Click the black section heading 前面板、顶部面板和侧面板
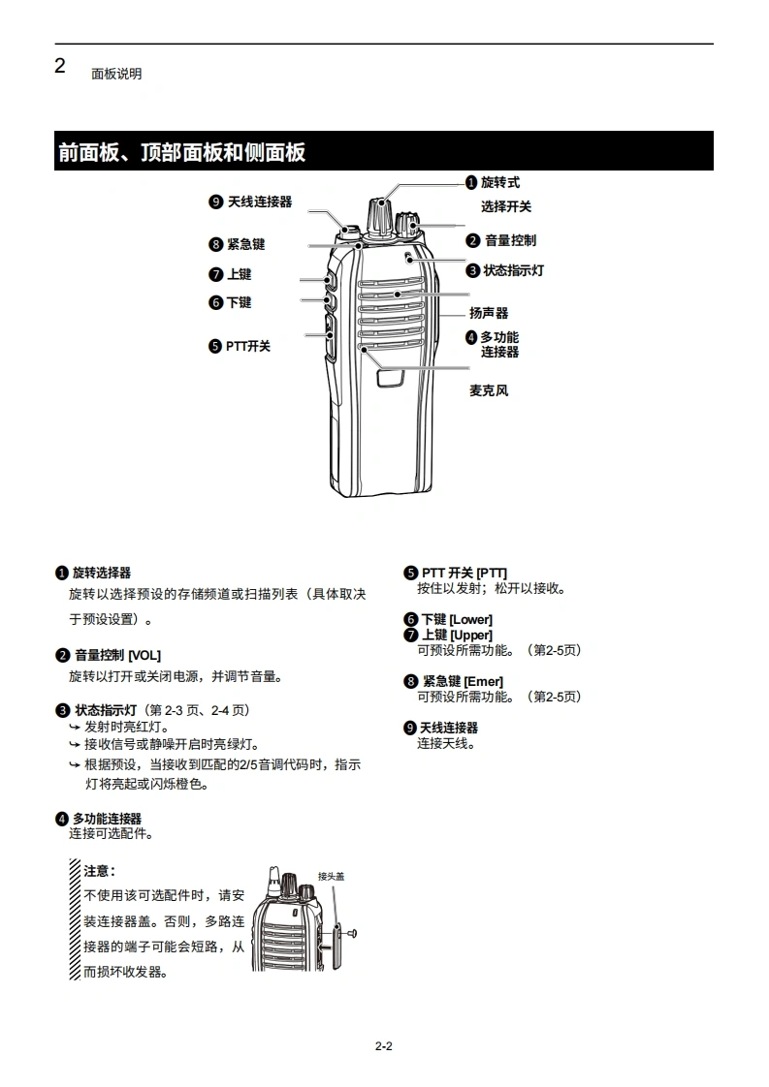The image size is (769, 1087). coord(182,152)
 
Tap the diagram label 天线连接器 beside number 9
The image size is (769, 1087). coord(260,202)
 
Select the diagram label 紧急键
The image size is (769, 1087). coord(246,244)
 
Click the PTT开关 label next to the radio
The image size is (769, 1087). coord(248,346)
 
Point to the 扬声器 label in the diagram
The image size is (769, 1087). coord(489,313)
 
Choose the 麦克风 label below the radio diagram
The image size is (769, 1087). coord(489,390)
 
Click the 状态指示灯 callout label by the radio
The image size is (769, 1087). coord(514,270)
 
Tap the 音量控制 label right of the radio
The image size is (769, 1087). coord(510,240)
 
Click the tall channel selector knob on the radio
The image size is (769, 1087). coord(379,216)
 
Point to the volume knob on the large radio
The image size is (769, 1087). coord(406,226)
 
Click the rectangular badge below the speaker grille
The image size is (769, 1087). coord(391,378)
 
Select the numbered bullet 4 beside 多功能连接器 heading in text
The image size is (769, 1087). coord(62,819)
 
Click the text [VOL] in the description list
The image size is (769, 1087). coord(144,655)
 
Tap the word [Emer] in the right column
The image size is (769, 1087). coord(484,681)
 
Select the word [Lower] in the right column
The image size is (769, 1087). coord(471,619)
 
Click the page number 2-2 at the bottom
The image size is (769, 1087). coord(384,1046)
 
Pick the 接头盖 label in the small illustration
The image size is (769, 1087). coord(331,876)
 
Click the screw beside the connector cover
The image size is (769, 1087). coord(352,934)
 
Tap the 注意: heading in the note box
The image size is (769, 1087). coord(99,871)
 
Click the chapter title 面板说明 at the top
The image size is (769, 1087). coord(116,74)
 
